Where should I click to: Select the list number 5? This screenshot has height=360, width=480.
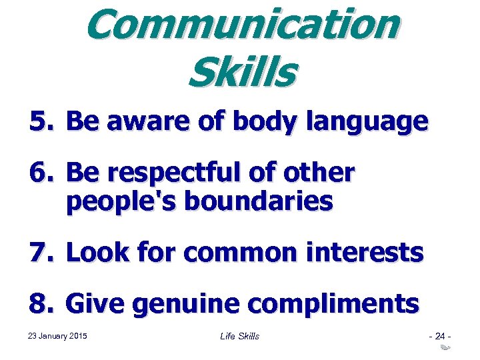click(x=41, y=121)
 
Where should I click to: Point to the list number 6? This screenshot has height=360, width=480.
click(x=41, y=173)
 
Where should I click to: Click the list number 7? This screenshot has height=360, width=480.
click(x=41, y=252)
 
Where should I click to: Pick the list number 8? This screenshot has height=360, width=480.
click(x=41, y=304)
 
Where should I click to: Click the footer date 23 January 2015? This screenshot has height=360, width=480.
click(x=59, y=335)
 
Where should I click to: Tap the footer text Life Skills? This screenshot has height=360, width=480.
click(x=239, y=336)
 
